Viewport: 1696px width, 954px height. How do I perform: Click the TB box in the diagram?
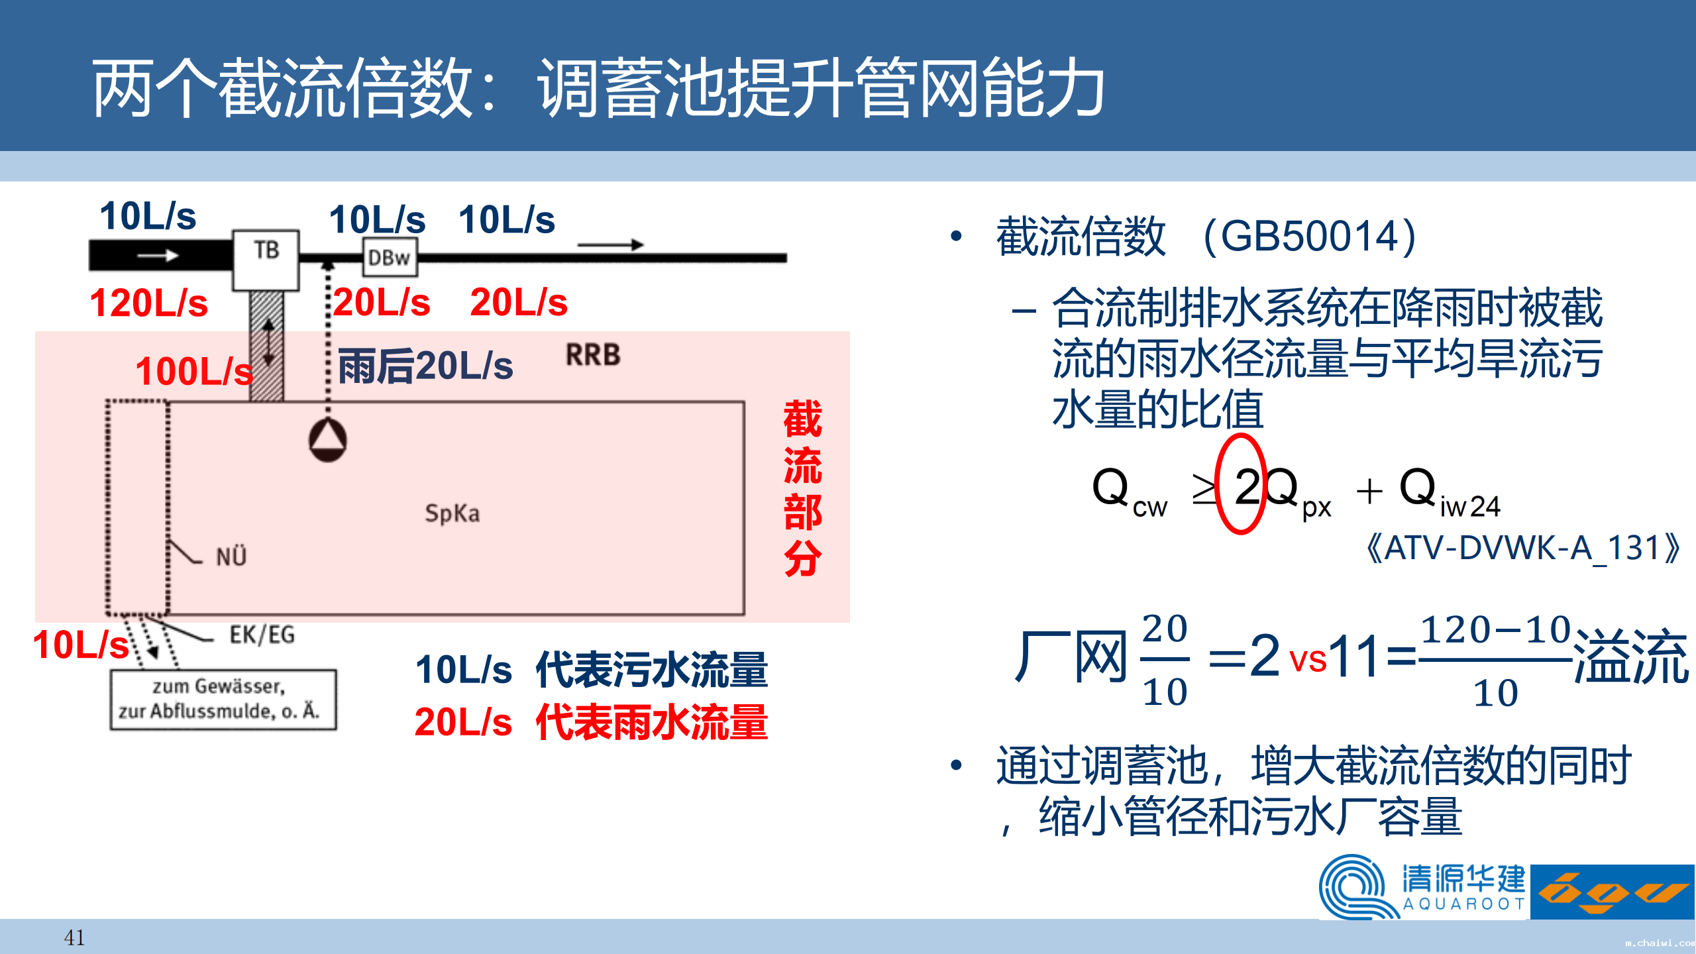[266, 260]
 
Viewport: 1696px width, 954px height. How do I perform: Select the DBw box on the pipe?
[390, 258]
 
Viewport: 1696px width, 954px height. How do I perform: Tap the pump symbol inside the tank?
[327, 440]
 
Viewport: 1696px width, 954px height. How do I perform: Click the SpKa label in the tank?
[452, 513]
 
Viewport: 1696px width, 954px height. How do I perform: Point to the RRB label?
[593, 355]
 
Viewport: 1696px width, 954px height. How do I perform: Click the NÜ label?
[231, 556]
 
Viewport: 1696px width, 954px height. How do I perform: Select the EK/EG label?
[262, 635]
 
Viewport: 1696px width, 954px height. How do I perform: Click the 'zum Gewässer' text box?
[223, 700]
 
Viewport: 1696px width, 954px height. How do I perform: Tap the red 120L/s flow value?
[148, 303]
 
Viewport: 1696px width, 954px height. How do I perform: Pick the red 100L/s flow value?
[194, 371]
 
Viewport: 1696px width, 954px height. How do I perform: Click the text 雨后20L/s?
[425, 366]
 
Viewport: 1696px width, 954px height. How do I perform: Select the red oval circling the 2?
[1217, 484]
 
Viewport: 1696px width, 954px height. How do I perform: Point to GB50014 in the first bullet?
[1309, 236]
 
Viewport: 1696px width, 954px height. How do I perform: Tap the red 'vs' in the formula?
[1308, 659]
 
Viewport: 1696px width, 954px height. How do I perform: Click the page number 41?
[74, 937]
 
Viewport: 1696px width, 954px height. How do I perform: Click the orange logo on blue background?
[1613, 892]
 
